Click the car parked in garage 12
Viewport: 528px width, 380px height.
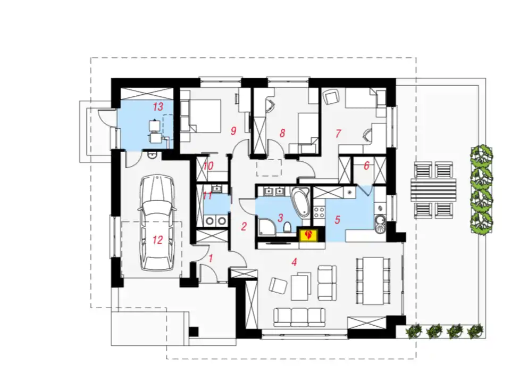click(x=157, y=222)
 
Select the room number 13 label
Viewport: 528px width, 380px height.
click(x=158, y=106)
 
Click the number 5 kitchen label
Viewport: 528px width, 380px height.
click(x=338, y=220)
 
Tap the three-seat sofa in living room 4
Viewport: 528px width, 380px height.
click(x=300, y=317)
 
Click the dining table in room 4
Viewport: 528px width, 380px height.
click(x=373, y=280)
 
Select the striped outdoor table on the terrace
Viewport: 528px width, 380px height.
click(x=433, y=190)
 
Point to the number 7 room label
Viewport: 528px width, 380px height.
click(x=338, y=134)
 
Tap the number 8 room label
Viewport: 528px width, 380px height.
click(x=282, y=133)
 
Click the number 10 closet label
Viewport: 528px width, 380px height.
click(x=208, y=166)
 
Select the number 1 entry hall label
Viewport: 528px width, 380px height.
click(x=211, y=259)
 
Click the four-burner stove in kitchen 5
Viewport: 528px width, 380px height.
click(x=319, y=212)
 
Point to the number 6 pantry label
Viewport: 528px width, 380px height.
click(x=366, y=166)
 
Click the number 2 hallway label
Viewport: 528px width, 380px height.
click(x=244, y=227)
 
